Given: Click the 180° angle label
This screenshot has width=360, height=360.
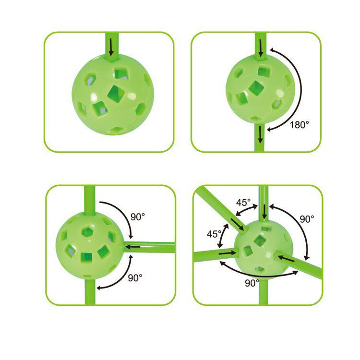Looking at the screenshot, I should point(300,124).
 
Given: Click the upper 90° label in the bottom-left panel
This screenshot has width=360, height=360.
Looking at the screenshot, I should point(137,217).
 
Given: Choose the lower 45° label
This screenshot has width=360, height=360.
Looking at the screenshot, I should point(213,235).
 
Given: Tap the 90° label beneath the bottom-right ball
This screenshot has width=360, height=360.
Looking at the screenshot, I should point(252,283).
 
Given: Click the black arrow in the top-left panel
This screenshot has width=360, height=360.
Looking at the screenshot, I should point(111,47).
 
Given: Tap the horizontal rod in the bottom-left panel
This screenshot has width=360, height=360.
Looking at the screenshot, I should point(154,247).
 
